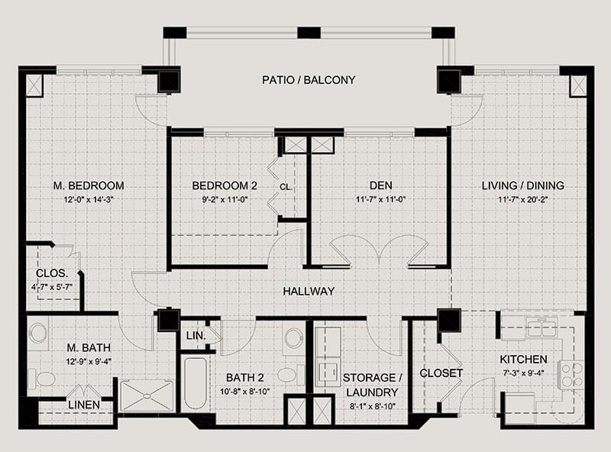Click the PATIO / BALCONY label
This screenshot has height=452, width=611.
tap(308, 79)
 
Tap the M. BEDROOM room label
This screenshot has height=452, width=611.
tap(89, 186)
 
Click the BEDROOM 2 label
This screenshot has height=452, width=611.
tap(225, 186)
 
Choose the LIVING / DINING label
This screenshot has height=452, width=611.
tap(523, 186)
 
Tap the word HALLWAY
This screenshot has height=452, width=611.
tap(309, 291)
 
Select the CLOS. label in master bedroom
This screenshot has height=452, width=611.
tap(52, 274)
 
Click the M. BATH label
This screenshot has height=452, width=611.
tap(89, 349)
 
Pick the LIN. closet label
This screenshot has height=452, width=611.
tap(195, 335)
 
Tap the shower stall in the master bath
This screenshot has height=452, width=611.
tap(147, 396)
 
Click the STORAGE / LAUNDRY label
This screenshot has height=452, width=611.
tap(370, 385)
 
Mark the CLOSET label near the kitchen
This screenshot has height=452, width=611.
tap(441, 373)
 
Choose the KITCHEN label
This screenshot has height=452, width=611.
tap(523, 360)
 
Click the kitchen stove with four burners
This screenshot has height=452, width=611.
tap(572, 374)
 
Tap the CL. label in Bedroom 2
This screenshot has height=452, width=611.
tap(286, 186)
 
